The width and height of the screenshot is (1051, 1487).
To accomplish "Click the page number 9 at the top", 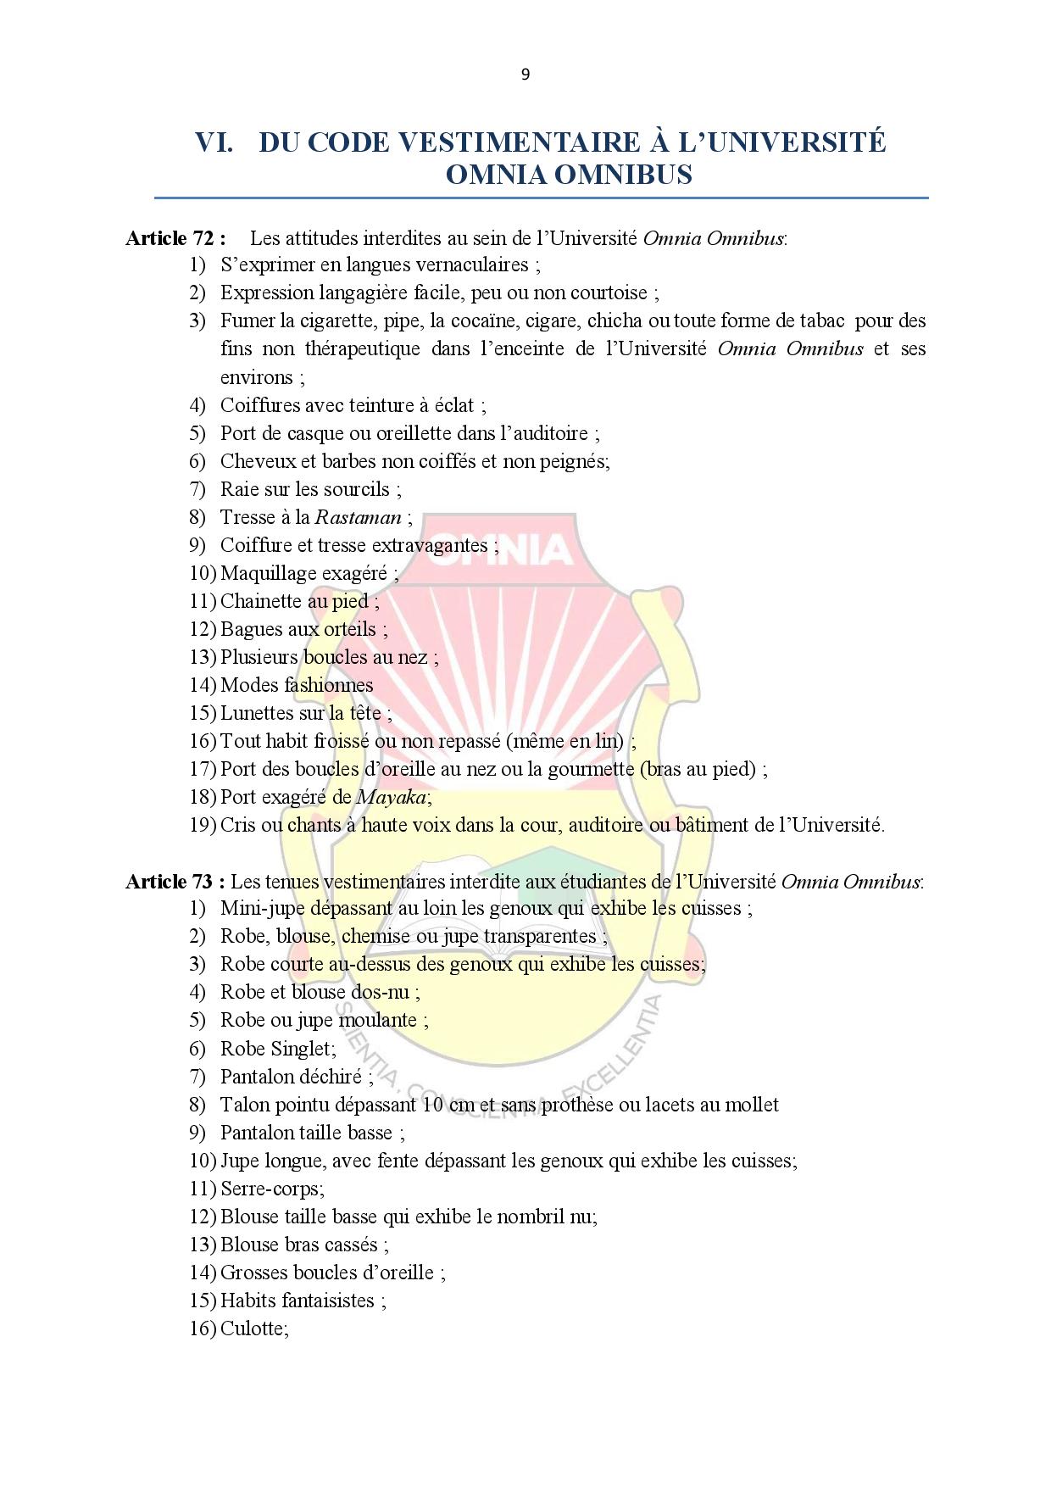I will click(x=525, y=75).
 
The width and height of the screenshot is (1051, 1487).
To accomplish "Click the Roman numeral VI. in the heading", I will click(x=214, y=142).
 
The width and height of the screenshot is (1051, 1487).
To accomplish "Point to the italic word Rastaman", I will click(x=358, y=517).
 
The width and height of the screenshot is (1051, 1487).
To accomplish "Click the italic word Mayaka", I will click(x=392, y=797).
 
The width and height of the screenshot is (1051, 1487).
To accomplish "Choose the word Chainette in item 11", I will click(x=261, y=601).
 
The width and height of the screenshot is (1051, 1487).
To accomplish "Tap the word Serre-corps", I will click(x=270, y=1189).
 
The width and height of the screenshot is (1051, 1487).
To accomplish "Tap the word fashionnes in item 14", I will click(x=329, y=685).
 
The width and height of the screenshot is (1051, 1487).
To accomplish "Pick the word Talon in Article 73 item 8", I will click(x=246, y=1105).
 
